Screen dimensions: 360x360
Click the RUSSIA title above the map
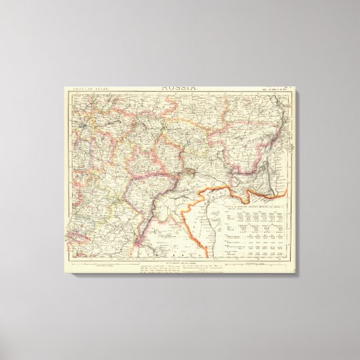[181, 88]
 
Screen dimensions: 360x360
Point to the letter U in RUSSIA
[170, 88]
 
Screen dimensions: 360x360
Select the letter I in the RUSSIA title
[189, 88]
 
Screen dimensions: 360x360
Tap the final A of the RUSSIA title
[195, 88]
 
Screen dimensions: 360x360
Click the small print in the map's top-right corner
[274, 88]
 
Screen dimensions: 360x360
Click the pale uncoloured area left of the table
[197, 217]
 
